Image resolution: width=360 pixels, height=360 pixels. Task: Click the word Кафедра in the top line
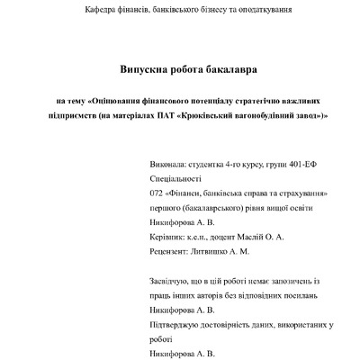pos(100,10)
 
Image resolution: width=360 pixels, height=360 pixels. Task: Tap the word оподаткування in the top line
pos(260,10)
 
